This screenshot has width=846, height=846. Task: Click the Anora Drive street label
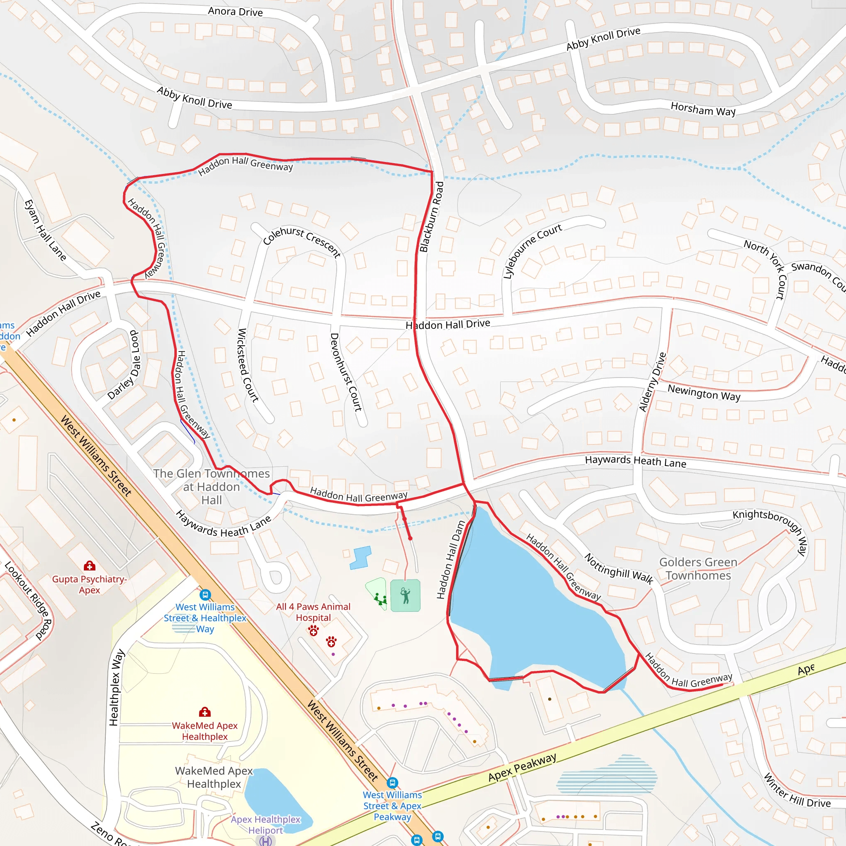coord(235,12)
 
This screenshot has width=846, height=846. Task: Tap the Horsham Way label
coord(703,109)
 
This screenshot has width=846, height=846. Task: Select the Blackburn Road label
coord(431,217)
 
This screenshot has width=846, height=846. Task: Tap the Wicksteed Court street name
coord(247,365)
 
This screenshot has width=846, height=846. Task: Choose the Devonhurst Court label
coord(346,372)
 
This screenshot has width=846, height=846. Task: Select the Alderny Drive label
coord(652,382)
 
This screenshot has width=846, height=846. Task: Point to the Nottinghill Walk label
coord(619,569)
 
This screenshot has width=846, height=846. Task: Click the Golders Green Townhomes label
coord(699,568)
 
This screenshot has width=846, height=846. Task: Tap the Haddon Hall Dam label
coord(451,560)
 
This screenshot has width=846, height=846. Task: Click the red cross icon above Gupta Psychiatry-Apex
coord(90,566)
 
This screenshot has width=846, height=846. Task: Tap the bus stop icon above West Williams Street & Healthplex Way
coord(205,595)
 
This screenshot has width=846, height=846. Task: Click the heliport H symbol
coord(265,841)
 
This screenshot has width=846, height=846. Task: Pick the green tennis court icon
coord(405,596)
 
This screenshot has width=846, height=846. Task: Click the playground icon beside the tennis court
coord(380,599)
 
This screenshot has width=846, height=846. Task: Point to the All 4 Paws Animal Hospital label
coord(313,612)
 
